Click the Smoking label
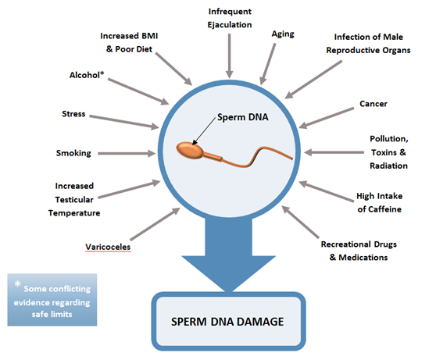pyautogui.click(x=73, y=153)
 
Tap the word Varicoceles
pyautogui.click(x=108, y=247)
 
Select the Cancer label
pyautogui.click(x=373, y=104)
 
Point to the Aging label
pyautogui.click(x=283, y=34)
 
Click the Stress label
pyautogui.click(x=73, y=114)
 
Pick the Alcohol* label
pyautogui.click(x=87, y=75)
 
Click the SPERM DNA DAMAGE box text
pyautogui.click(x=227, y=322)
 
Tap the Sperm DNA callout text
pyautogui.click(x=243, y=117)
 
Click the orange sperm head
pyautogui.click(x=190, y=150)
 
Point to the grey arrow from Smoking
pyautogui.click(x=127, y=153)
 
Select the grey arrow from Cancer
pyautogui.click(x=327, y=118)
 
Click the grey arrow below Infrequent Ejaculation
pyautogui.click(x=230, y=56)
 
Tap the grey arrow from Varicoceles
pyautogui.click(x=155, y=224)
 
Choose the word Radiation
pyautogui.click(x=389, y=166)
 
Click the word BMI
pyautogui.click(x=150, y=36)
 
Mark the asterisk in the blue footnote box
pyautogui.click(x=18, y=284)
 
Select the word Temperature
pyautogui.click(x=74, y=213)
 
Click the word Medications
pyautogui.click(x=363, y=258)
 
